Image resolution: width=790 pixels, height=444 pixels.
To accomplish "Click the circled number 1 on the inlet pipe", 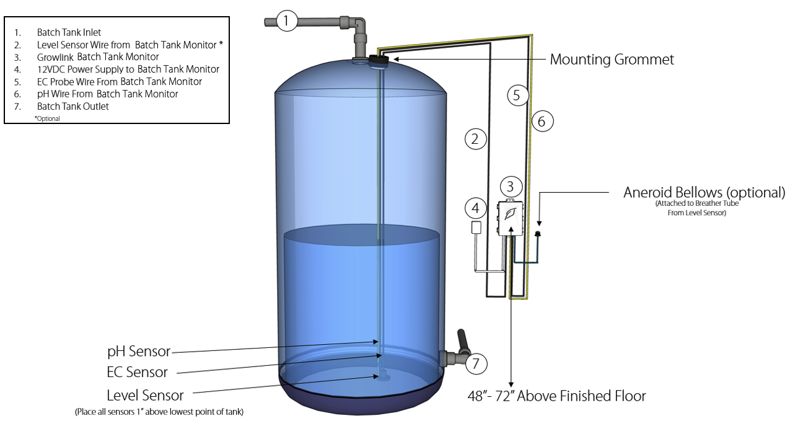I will coord(286,21).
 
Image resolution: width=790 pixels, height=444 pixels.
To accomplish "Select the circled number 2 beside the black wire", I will coord(475,140).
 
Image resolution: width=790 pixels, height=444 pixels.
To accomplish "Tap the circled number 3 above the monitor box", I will coord(510,186).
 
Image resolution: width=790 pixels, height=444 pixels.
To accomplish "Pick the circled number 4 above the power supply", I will coord(475,208).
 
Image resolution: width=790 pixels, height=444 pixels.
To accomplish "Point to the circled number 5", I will coord(517,95).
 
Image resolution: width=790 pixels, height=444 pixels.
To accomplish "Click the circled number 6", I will coord(542,122).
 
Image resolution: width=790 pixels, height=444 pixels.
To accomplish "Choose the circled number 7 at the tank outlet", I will coord(476,363).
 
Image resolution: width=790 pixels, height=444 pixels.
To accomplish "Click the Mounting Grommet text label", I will coord(612,60).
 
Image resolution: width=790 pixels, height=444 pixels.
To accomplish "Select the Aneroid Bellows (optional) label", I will coord(704,192).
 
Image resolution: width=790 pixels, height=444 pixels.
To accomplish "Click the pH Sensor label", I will coord(139,352).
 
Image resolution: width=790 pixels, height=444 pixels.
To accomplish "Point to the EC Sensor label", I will coord(137,372).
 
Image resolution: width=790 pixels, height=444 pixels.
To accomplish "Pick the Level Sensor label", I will coord(145,395).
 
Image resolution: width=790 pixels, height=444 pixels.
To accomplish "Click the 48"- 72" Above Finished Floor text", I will coord(556,396).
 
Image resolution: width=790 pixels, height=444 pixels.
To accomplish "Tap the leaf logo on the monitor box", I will coord(511,214).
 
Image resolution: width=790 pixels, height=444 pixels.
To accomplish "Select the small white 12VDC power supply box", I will coord(476,227).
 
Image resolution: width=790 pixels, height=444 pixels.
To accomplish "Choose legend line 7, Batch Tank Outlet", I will coord(72,107).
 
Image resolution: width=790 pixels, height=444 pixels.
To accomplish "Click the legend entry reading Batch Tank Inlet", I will coord(69,32).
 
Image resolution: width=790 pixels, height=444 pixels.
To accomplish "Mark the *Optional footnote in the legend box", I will coord(47,118).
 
